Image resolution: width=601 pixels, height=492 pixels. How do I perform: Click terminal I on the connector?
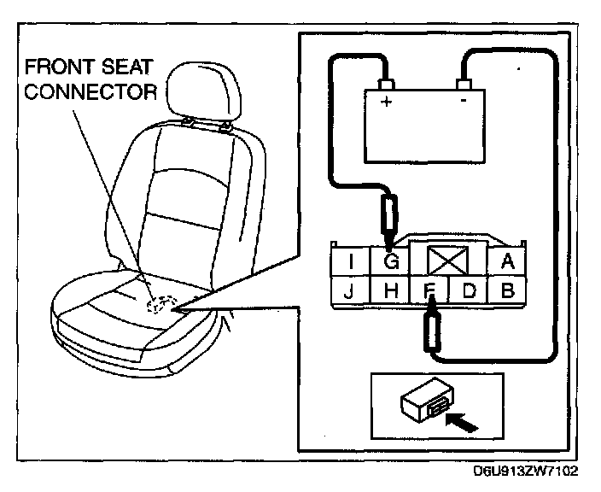point(353,261)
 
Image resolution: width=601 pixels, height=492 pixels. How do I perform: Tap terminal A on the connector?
point(507,261)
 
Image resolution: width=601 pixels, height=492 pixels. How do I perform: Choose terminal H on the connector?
point(392,290)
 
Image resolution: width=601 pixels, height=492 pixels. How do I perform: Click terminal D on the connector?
point(469,290)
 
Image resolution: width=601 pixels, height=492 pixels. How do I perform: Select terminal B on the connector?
point(507,290)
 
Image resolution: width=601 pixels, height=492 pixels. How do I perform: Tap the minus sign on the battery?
point(462,101)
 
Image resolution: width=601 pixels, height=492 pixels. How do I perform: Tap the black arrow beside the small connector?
point(461,419)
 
